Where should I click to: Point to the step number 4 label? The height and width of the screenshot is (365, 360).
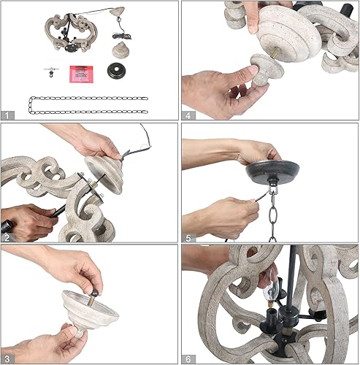pyautogui.click(x=188, y=115)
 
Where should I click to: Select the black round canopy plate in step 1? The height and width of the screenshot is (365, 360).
pyautogui.click(x=115, y=72)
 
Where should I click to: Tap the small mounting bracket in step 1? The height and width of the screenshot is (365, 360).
pyautogui.click(x=50, y=72)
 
